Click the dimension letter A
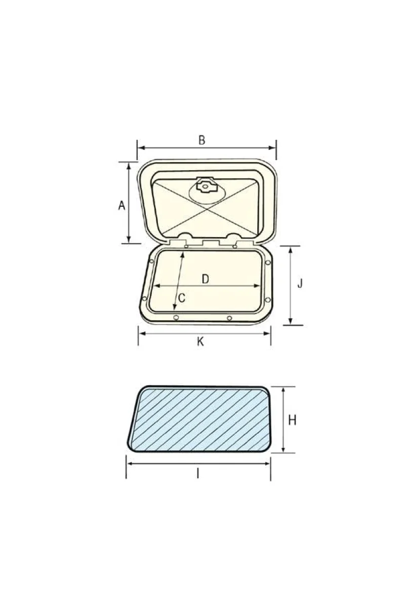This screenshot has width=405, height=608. tap(122, 205)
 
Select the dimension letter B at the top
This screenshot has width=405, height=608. tap(201, 140)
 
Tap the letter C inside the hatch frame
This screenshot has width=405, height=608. tap(182, 298)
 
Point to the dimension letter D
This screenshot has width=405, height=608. tap(206, 279)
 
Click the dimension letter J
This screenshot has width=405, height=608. tap(300, 284)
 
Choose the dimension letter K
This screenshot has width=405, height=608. tap(200, 341)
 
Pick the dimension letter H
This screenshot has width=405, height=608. tap(292, 421)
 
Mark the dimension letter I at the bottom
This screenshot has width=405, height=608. tap(198, 474)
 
